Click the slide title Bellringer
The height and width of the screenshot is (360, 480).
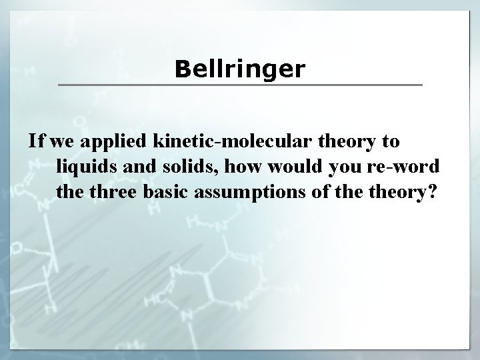[240, 69]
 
